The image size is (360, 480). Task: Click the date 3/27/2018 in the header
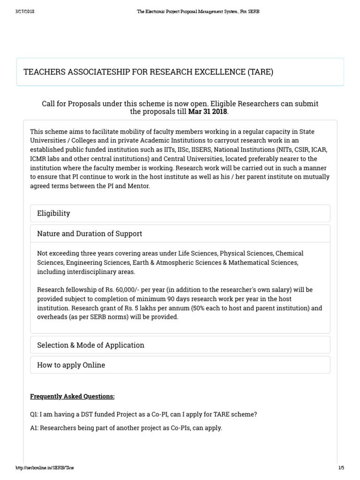click(x=24, y=11)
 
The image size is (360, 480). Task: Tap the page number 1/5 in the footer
click(x=341, y=468)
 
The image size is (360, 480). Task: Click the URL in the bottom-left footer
click(x=45, y=468)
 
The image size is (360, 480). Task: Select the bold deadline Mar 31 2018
click(x=207, y=112)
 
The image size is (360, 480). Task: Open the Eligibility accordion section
click(x=53, y=213)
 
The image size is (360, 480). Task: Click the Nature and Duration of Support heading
click(x=90, y=233)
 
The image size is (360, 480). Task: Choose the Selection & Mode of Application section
click(x=90, y=345)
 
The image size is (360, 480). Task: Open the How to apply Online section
click(x=71, y=365)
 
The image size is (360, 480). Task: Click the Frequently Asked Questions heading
click(x=72, y=396)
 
